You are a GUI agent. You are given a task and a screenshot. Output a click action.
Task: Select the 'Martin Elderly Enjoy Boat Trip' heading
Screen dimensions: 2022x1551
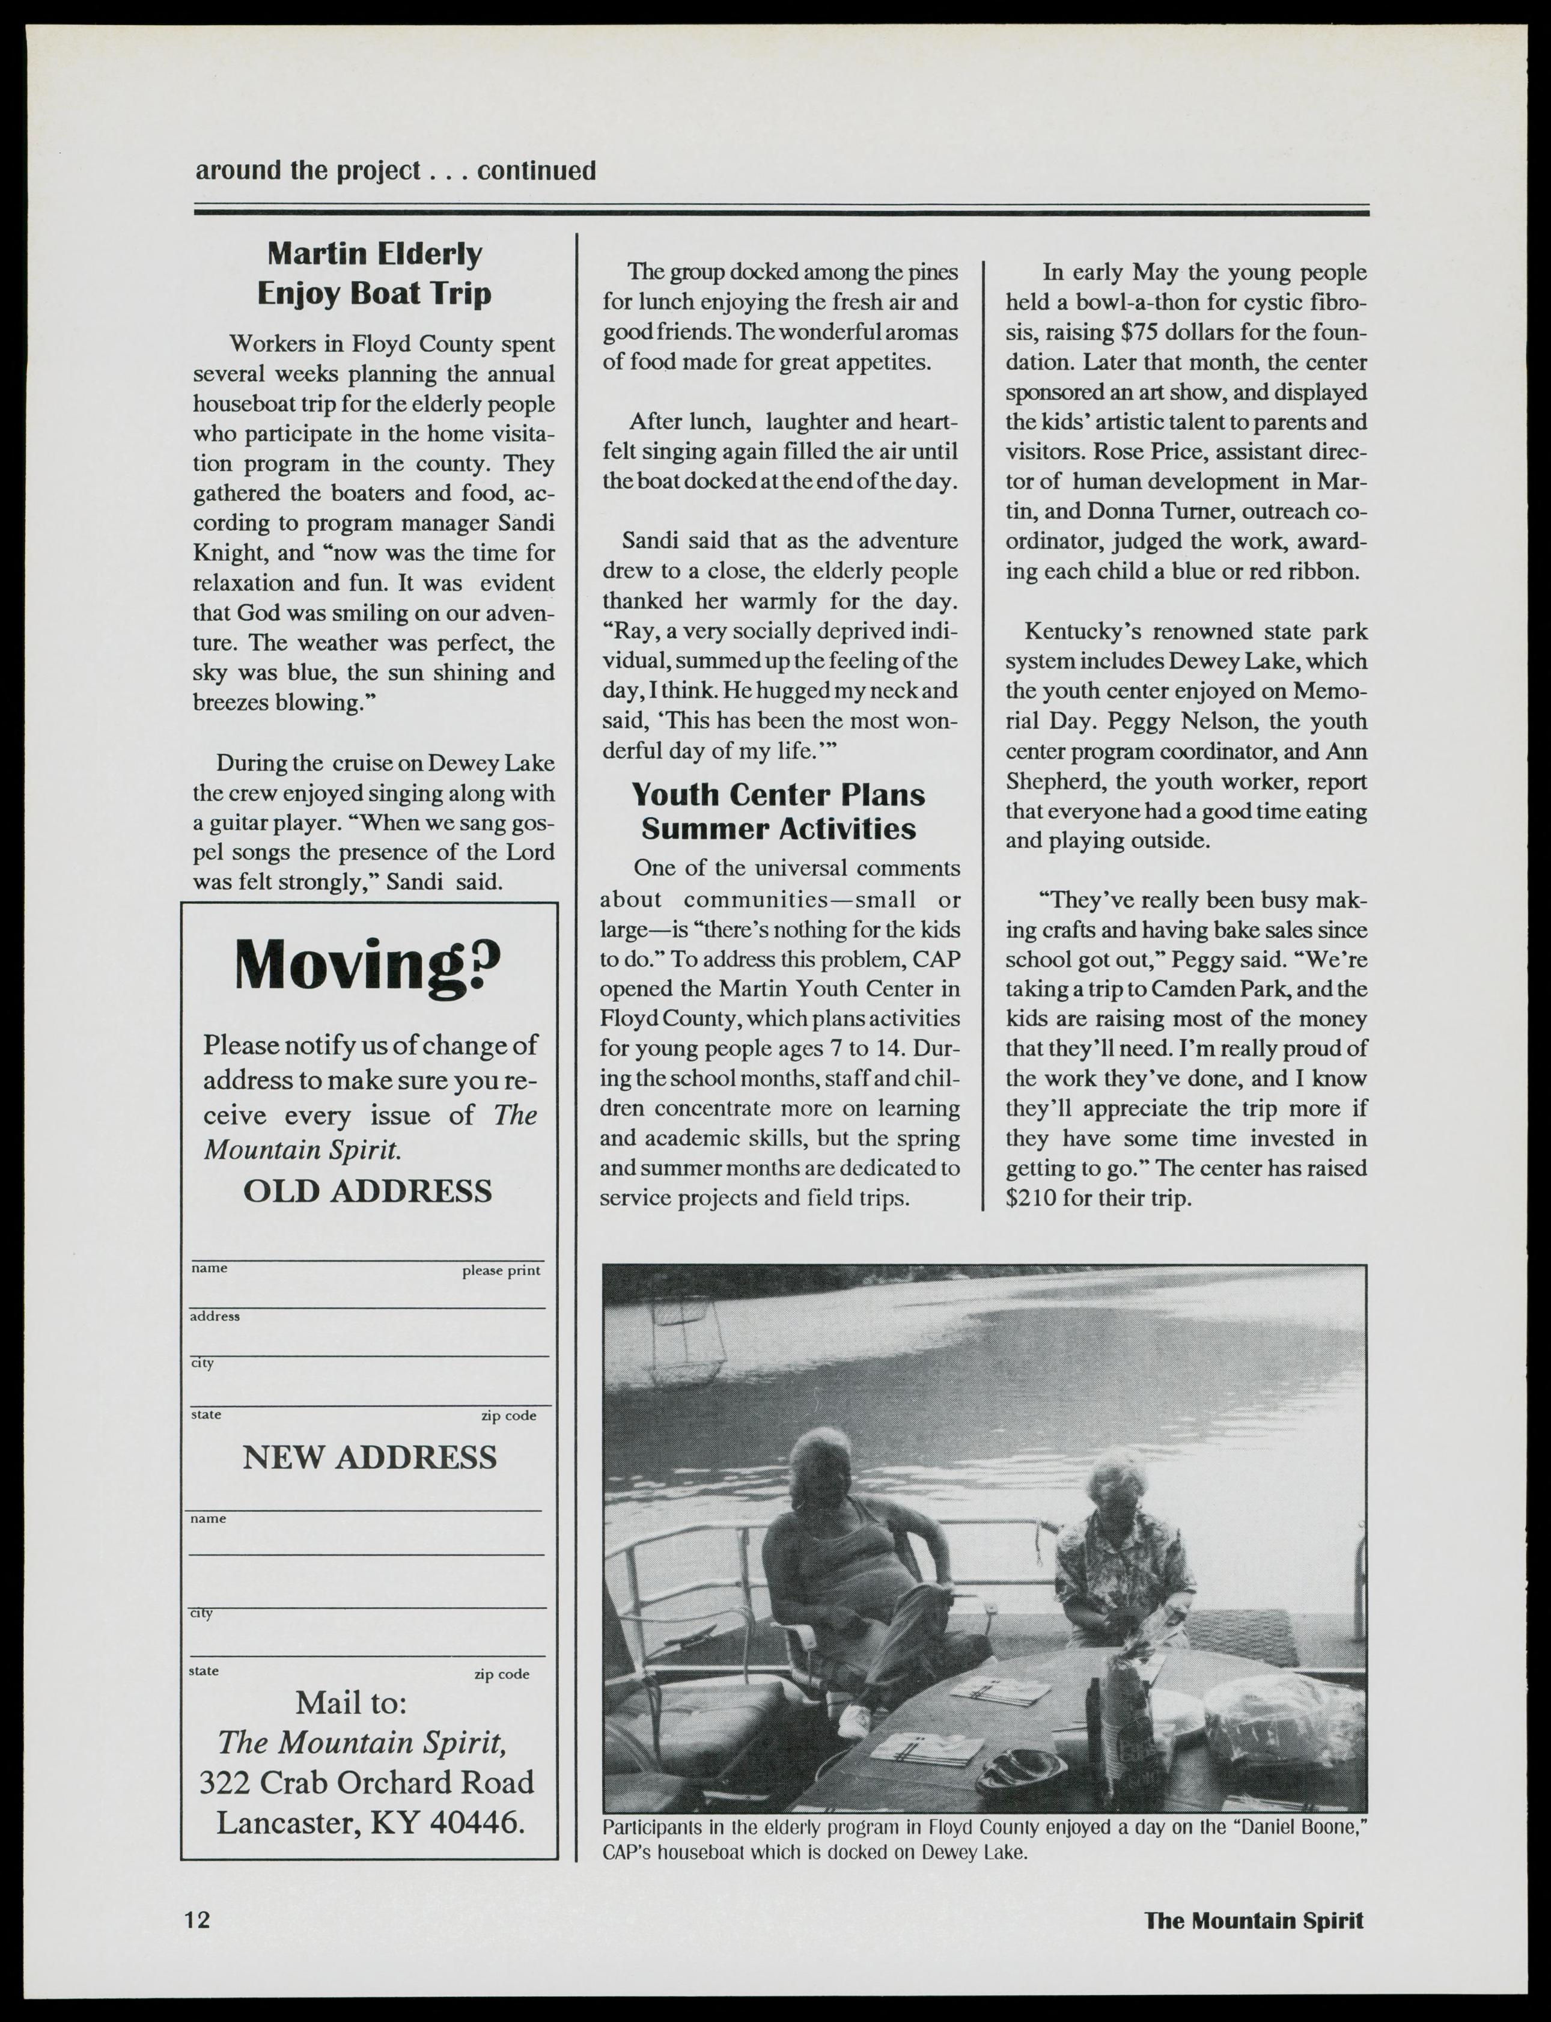pyautogui.click(x=374, y=273)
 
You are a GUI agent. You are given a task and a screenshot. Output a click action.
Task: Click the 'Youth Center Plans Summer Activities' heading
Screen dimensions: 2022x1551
pyautogui.click(x=778, y=811)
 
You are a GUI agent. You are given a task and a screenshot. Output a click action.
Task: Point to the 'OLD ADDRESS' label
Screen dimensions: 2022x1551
pyautogui.click(x=367, y=1191)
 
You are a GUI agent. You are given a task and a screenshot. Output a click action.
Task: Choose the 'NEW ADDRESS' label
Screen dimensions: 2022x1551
pyautogui.click(x=370, y=1457)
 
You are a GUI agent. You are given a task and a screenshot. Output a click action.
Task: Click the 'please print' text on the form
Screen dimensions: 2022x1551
pyautogui.click(x=501, y=1271)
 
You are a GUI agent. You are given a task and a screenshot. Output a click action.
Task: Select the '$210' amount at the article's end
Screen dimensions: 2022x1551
pyautogui.click(x=1031, y=1199)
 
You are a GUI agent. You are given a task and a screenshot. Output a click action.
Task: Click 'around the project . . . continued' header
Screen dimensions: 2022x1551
pyautogui.click(x=395, y=171)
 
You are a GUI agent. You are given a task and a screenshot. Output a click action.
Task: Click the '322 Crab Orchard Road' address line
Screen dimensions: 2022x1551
pyautogui.click(x=367, y=1782)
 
